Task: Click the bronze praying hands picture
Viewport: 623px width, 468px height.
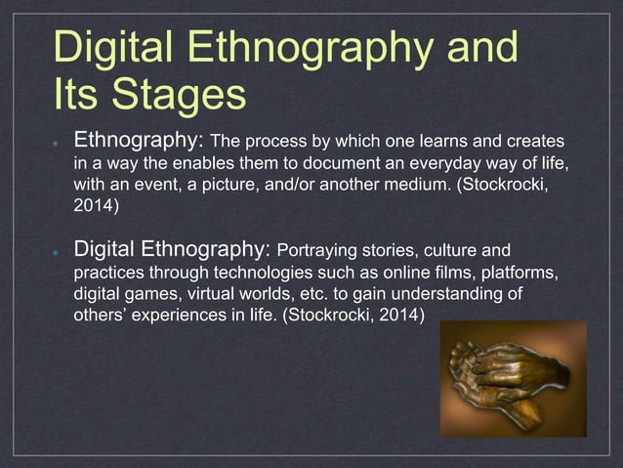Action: (513, 380)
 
